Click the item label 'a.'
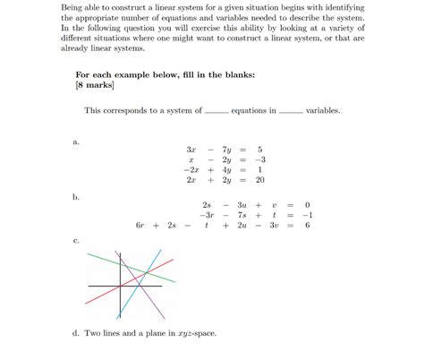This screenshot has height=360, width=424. [76, 141]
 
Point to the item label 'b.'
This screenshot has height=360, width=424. [76, 196]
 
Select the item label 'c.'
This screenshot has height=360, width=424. [76, 240]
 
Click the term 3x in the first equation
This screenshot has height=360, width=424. [191, 149]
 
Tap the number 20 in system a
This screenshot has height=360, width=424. [259, 180]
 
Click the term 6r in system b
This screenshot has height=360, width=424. [140, 226]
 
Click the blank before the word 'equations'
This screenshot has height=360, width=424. [216, 112]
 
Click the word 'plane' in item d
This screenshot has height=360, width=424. [154, 333]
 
